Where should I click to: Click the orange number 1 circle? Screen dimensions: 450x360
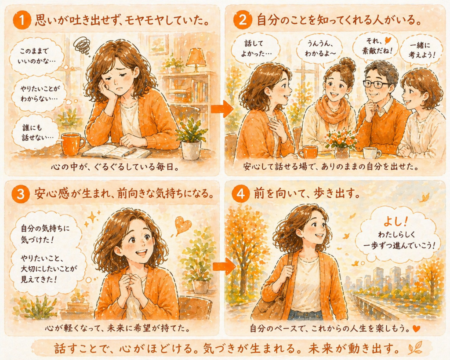(x=22, y=21)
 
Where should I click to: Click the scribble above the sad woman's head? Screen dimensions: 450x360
(x=82, y=45)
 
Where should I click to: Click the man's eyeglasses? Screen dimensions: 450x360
(x=376, y=84)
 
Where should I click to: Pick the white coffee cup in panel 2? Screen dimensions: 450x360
(x=372, y=153)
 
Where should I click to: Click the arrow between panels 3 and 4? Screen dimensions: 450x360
(x=224, y=266)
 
